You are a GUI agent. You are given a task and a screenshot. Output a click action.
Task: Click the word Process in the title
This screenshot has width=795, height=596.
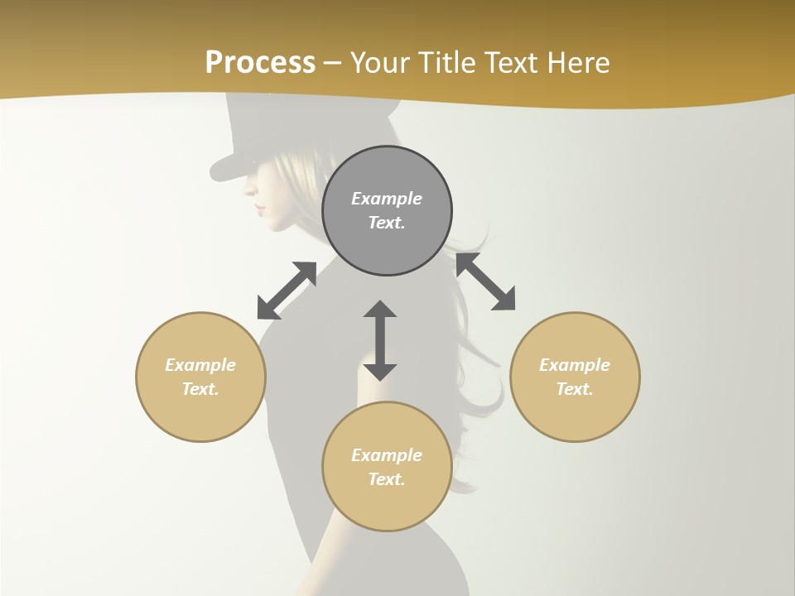[x=260, y=63]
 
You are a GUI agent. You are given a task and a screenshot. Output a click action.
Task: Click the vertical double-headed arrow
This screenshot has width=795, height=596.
[x=380, y=340]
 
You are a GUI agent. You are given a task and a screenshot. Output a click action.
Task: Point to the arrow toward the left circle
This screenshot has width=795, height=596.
[x=287, y=291]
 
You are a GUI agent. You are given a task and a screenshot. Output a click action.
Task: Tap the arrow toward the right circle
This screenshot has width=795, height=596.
[x=485, y=281]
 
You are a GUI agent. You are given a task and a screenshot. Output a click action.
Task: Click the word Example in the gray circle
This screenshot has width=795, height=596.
[x=387, y=199]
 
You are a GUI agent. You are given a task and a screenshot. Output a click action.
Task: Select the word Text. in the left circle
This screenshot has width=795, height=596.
[x=200, y=389]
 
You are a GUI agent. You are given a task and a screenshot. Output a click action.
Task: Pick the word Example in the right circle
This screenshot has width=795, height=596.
[x=575, y=365]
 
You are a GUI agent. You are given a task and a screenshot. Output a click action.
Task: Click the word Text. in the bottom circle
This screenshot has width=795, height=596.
[x=387, y=479]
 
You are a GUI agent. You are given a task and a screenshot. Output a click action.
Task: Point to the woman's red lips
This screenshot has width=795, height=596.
[x=260, y=207]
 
